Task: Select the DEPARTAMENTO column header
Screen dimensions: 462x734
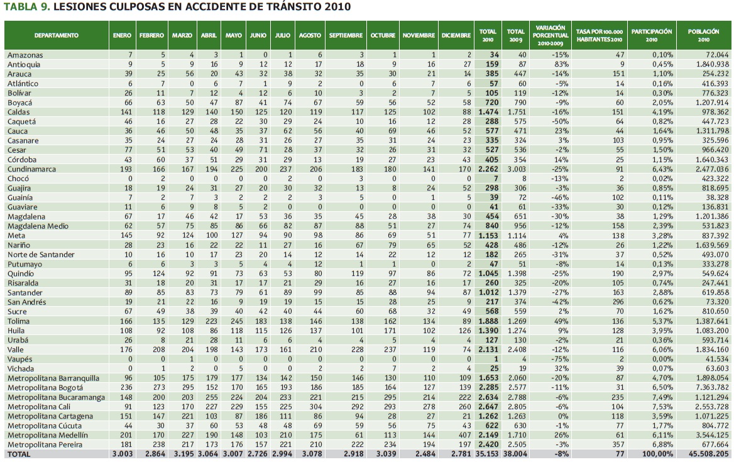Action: click(x=57, y=36)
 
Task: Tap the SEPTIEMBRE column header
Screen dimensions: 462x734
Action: click(x=346, y=36)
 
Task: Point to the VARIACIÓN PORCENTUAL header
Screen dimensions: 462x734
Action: click(x=550, y=36)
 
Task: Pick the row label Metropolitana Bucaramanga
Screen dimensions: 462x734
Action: click(x=56, y=397)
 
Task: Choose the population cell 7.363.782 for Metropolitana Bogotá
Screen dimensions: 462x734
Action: click(x=708, y=388)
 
